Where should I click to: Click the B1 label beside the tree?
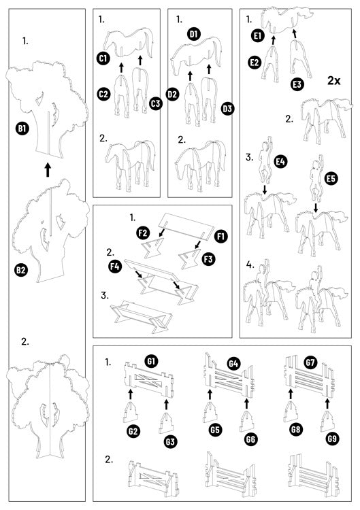tap(22, 127)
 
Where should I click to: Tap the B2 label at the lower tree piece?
tap(21, 270)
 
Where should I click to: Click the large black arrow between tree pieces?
tap(48, 169)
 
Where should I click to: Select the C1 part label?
tap(103, 60)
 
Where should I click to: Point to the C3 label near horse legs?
tap(156, 103)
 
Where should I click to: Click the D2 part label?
tap(172, 95)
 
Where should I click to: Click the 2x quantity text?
tap(333, 81)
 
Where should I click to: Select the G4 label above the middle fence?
tap(233, 364)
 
